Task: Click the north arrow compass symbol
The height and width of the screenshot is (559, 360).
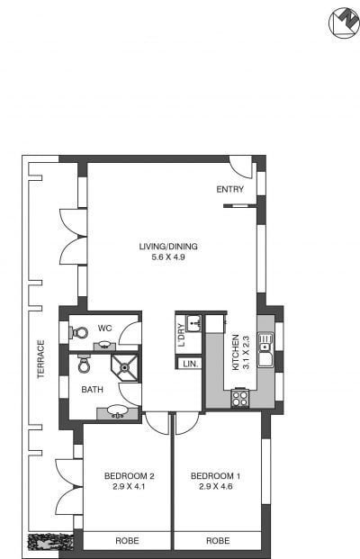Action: click(x=344, y=23)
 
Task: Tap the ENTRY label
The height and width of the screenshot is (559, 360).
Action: click(x=230, y=189)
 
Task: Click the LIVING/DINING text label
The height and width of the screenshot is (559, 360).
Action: click(x=168, y=247)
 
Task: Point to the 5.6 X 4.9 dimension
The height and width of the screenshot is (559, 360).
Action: click(x=168, y=257)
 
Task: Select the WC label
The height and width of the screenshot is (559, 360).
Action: click(x=104, y=329)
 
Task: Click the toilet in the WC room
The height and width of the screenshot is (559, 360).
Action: click(x=79, y=333)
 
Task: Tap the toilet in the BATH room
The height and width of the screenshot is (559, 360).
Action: click(x=84, y=364)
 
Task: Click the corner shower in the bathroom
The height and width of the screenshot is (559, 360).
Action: click(x=124, y=367)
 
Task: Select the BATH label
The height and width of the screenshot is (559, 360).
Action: click(x=93, y=390)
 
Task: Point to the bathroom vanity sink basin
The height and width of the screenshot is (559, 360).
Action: click(x=117, y=410)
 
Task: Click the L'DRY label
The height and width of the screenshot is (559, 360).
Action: click(x=182, y=335)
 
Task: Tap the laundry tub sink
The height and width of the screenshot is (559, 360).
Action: click(x=193, y=323)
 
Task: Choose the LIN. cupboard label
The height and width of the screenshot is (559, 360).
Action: click(x=190, y=365)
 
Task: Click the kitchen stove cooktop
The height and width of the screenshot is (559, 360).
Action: click(x=240, y=398)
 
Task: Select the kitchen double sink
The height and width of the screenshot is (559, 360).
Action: click(x=265, y=350)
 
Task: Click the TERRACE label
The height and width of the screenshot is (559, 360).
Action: click(x=41, y=359)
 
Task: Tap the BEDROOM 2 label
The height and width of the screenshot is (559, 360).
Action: click(x=130, y=476)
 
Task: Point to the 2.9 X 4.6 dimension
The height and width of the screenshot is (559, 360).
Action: click(x=216, y=487)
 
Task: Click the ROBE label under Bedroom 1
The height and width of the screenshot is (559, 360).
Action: click(x=218, y=541)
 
